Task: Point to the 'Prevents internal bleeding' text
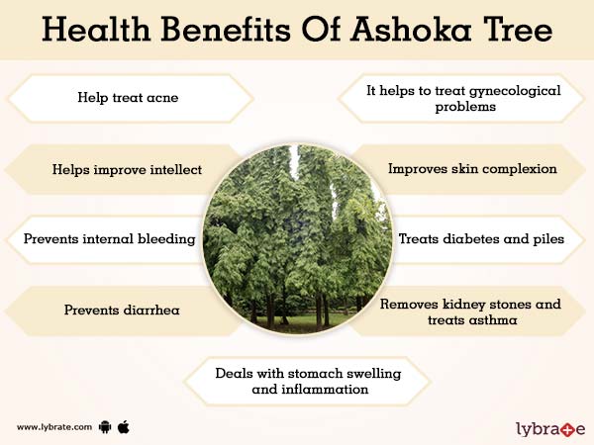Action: [x=109, y=239]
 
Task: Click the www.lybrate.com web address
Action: [x=54, y=427]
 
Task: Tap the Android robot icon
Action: [x=104, y=427]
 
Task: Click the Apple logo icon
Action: [x=124, y=426]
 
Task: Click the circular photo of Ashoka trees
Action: [x=296, y=238]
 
